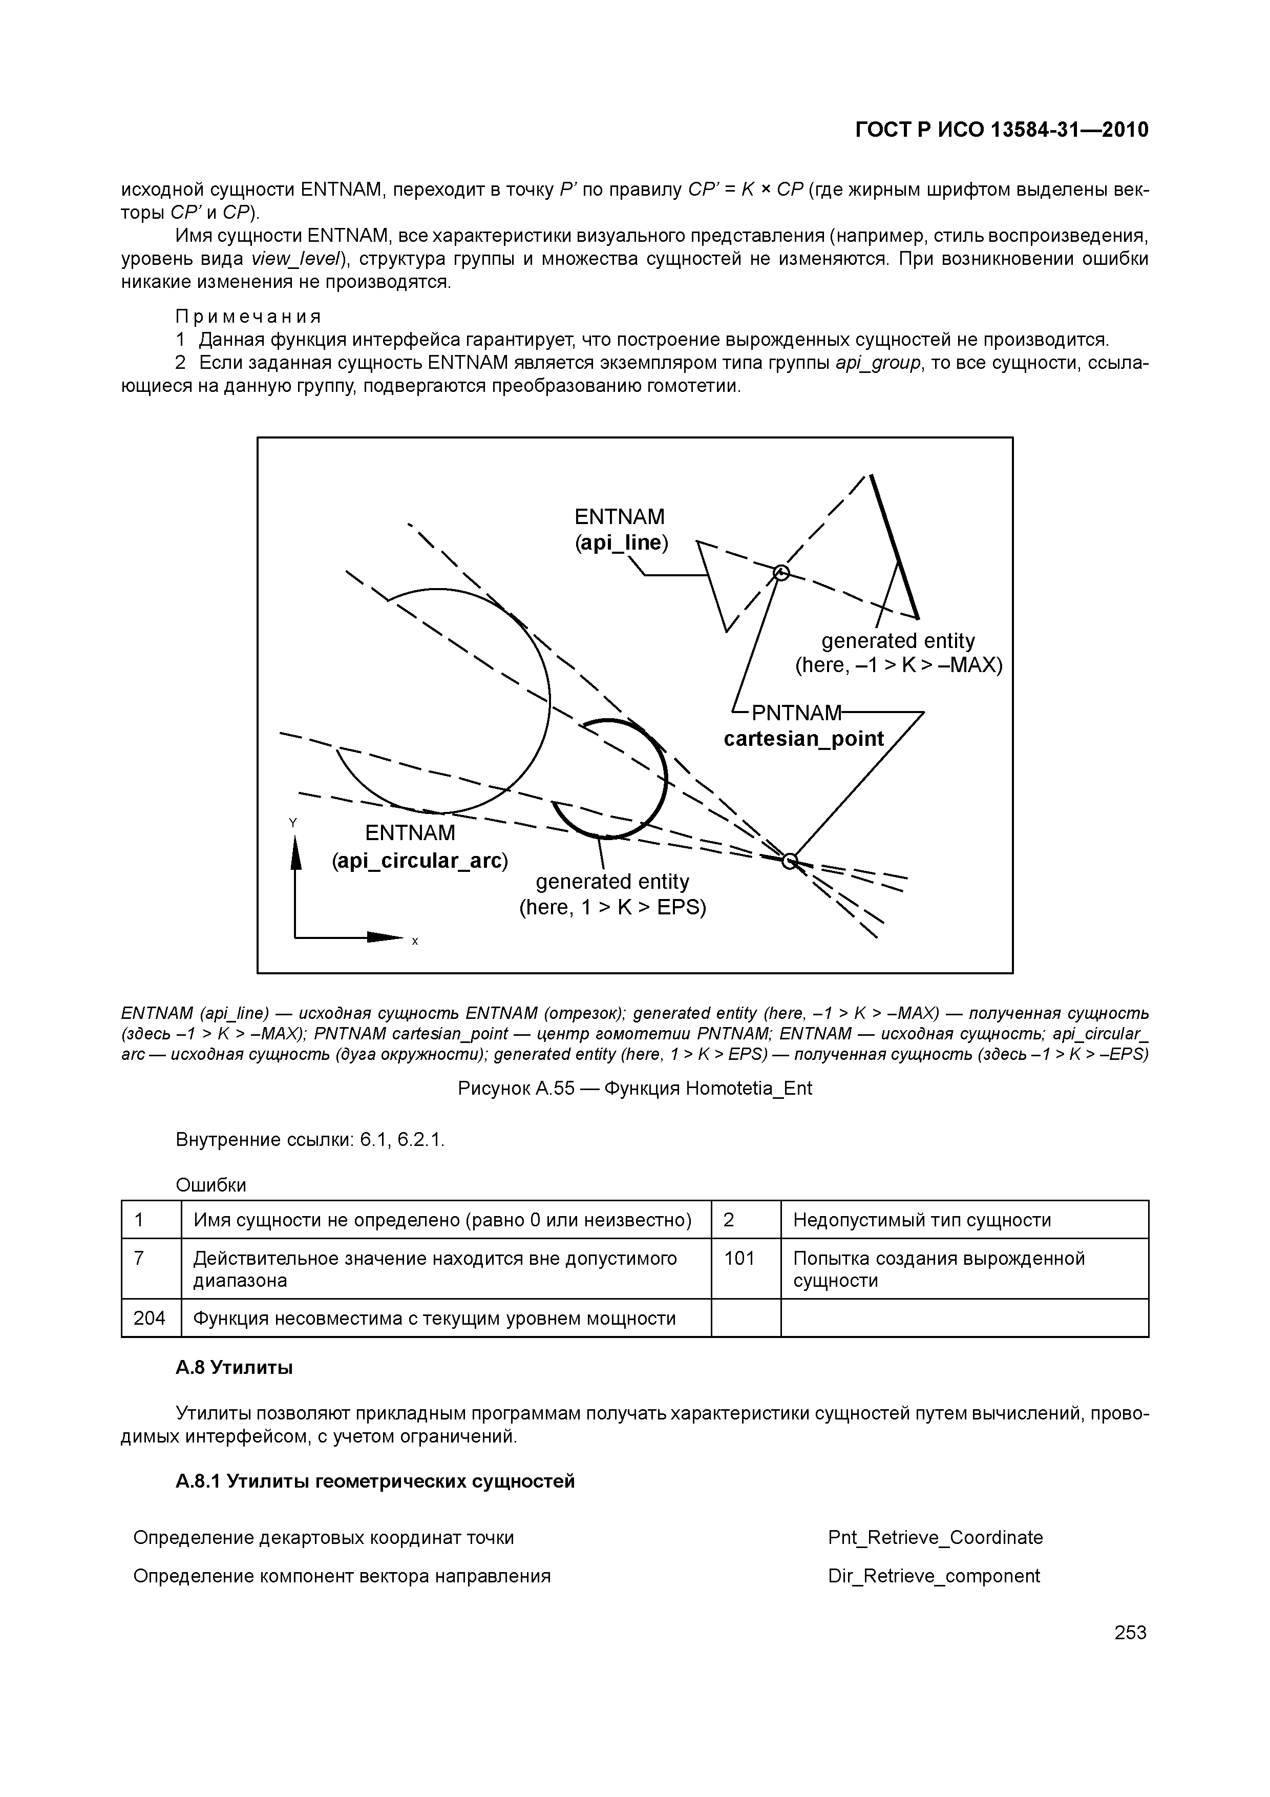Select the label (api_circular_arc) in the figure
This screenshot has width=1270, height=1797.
pos(420,861)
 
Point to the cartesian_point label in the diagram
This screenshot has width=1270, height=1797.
pos(803,739)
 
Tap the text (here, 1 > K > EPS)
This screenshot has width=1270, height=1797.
pos(612,907)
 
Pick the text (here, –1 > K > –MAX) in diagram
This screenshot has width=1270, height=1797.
pos(898,665)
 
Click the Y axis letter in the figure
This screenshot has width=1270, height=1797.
pos(292,823)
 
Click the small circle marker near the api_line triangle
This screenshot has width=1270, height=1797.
pos(780,574)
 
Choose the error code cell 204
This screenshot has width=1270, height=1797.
pos(150,1319)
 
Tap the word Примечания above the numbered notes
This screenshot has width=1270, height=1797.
pos(248,317)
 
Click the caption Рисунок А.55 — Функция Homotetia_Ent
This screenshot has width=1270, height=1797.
pos(634,1089)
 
